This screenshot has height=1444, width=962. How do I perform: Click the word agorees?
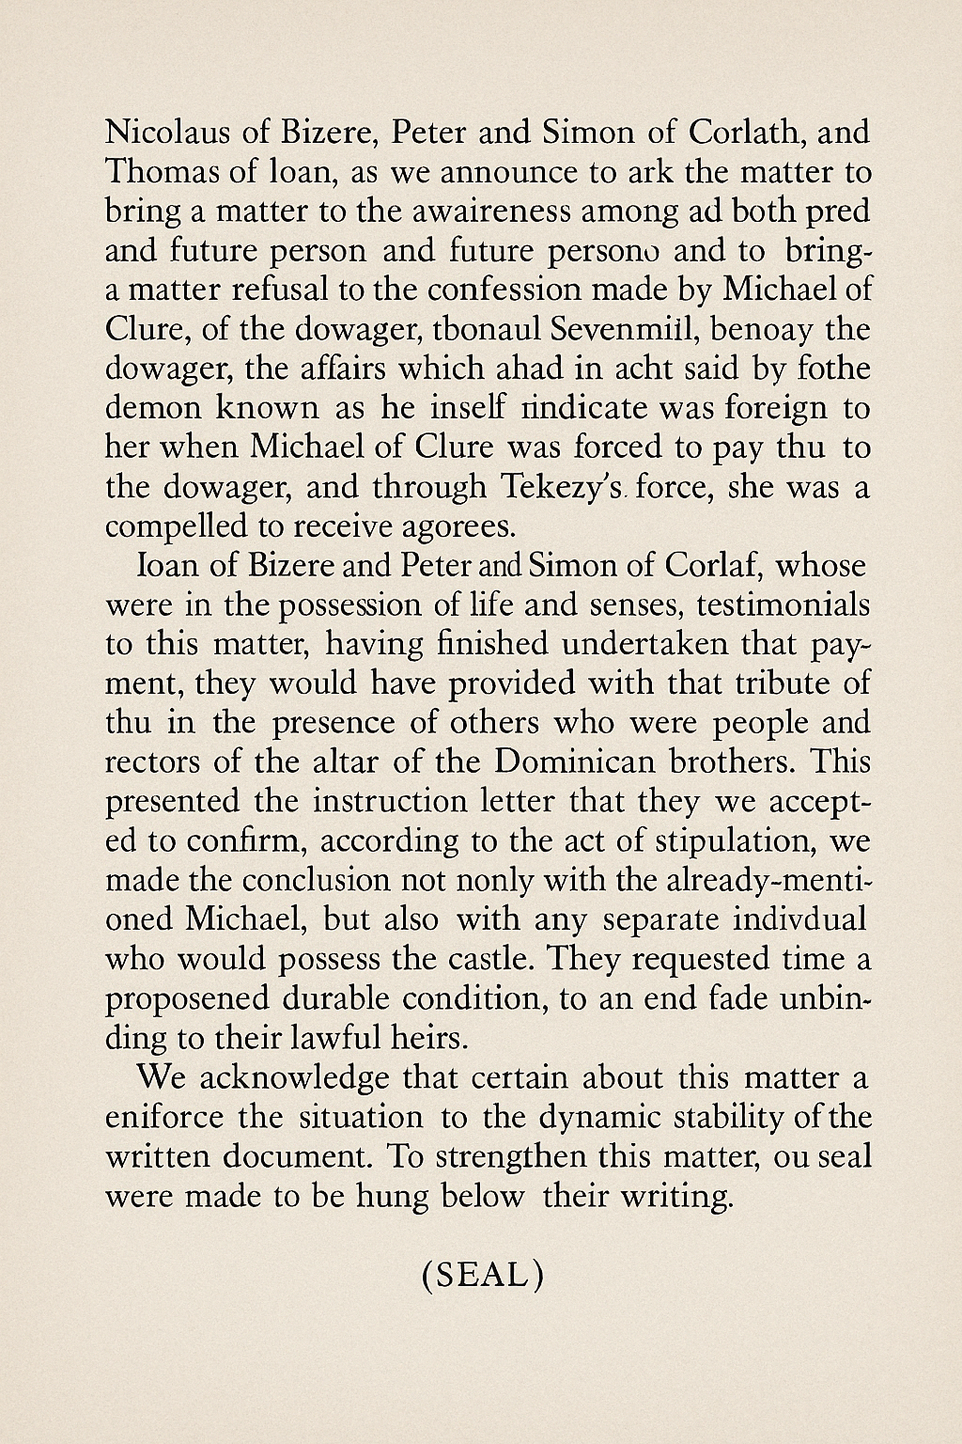click(458, 526)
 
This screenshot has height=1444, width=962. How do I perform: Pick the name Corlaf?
click(716, 566)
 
